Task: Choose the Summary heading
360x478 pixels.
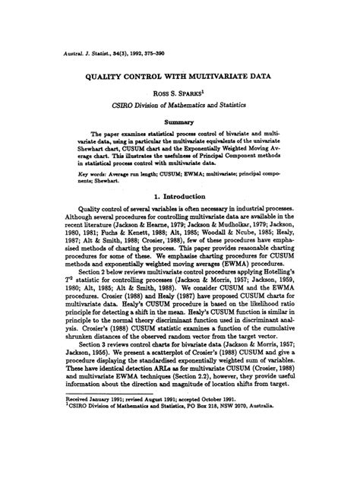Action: [179, 121]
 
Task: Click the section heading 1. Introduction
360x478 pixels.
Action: [179, 195]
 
